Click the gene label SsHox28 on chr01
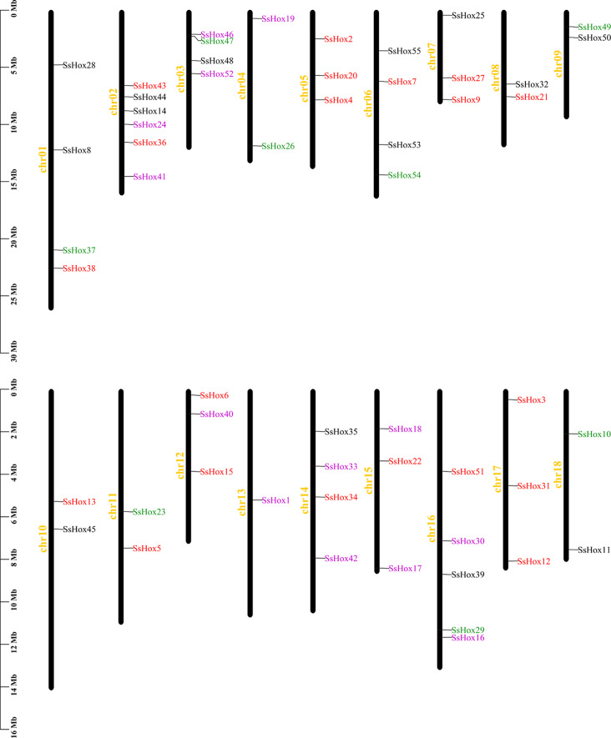click(79, 65)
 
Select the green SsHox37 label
click(79, 250)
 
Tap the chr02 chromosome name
click(114, 100)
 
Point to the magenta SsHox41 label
click(150, 177)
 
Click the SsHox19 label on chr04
click(278, 18)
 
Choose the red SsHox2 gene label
click(338, 39)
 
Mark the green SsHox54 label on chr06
click(405, 175)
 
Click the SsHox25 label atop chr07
click(468, 16)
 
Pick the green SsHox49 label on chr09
click(594, 27)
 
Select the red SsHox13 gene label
click(79, 502)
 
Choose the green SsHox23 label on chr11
click(149, 512)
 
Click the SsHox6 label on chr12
click(215, 395)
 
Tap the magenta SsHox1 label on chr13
click(276, 500)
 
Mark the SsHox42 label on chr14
click(341, 559)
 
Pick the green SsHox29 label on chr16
click(468, 630)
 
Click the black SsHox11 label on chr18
click(594, 550)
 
